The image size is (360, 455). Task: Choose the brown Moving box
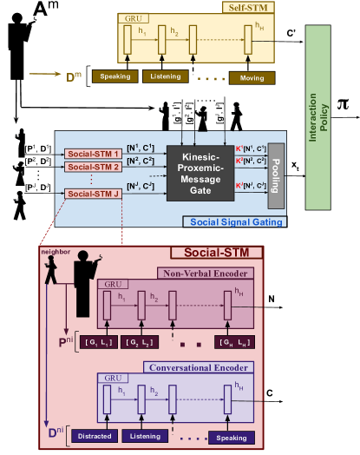(x=252, y=78)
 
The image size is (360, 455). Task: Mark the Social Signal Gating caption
(x=235, y=221)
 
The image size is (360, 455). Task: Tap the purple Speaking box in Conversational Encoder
(x=230, y=436)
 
